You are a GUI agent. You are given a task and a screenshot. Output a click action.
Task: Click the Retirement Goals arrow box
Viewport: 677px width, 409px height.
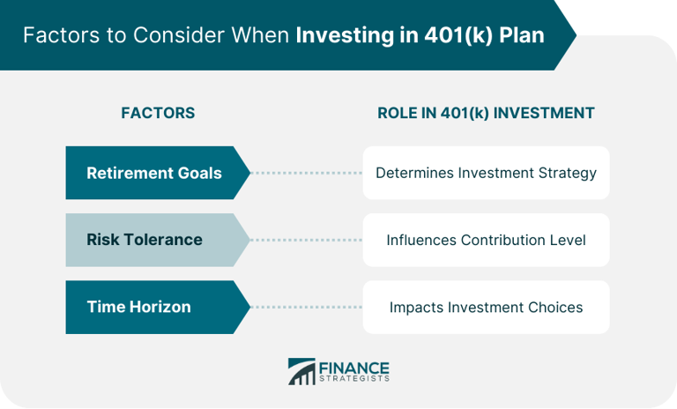154,173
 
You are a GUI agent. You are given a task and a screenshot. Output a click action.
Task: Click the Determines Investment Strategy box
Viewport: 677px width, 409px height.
486,173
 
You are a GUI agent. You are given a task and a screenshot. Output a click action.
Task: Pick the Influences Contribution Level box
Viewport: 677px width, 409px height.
486,240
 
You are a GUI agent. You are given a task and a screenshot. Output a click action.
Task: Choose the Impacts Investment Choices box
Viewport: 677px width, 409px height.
486,307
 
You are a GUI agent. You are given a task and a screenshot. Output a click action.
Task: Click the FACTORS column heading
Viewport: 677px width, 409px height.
158,113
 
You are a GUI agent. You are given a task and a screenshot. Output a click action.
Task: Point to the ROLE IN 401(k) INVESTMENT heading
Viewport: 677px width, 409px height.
486,113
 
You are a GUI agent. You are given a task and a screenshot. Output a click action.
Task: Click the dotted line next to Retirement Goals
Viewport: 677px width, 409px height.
307,173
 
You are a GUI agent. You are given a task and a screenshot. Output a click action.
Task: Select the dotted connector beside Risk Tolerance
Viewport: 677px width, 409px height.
307,240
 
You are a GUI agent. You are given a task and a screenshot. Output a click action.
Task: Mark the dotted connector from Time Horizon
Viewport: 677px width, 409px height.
307,307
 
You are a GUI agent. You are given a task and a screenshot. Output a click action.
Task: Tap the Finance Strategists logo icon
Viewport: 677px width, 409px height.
301,371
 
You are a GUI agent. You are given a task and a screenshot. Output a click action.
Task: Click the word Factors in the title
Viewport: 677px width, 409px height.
56,36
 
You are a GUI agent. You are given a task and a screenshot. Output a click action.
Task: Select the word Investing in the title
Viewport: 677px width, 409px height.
339,36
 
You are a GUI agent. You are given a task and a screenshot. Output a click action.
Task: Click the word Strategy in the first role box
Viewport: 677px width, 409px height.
567,173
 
